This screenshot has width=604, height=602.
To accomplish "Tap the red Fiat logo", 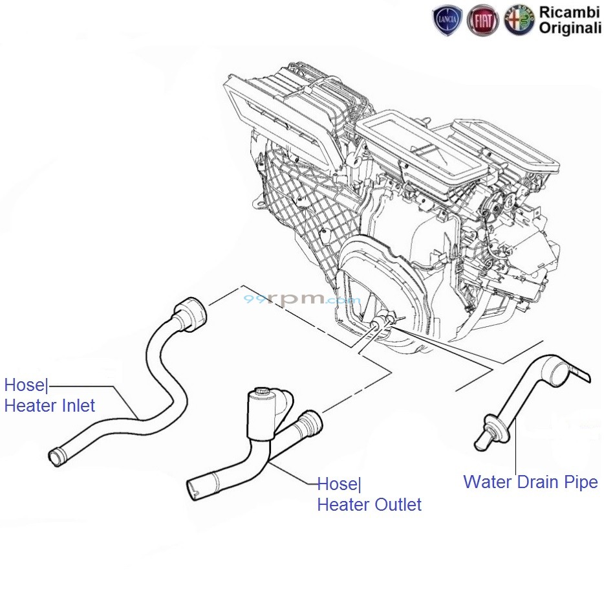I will [x=483, y=21].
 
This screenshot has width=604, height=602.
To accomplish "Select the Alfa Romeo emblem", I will [x=519, y=21].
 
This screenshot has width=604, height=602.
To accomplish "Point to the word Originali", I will [x=570, y=29].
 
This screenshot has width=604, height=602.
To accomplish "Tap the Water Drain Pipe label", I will [x=530, y=482].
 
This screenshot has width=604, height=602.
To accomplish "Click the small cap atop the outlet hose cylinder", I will [x=262, y=392].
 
